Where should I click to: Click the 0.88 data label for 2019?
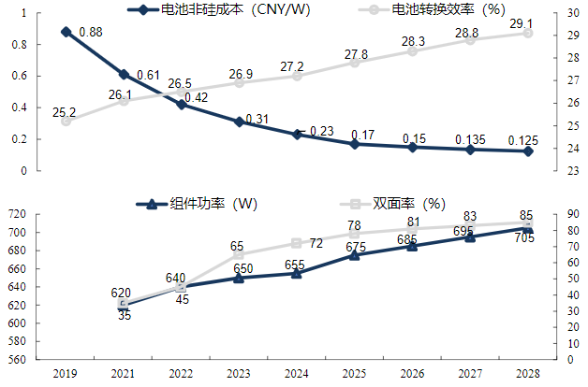pos(91,32)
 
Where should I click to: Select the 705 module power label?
pos(524,238)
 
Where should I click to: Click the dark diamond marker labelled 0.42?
pos(181,105)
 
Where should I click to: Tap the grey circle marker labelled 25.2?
pos(66,121)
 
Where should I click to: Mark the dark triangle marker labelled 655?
pos(296,273)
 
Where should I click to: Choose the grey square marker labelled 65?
pos(239,254)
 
